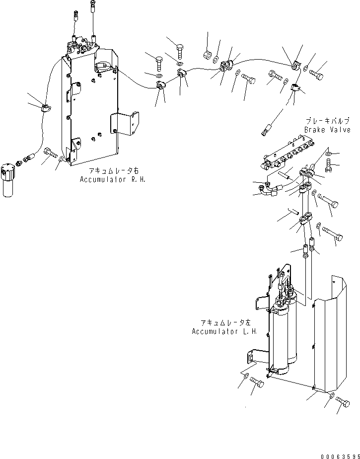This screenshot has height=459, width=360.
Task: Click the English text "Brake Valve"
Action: pyautogui.click(x=327, y=130)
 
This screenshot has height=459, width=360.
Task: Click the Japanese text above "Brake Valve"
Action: pyautogui.click(x=328, y=121)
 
